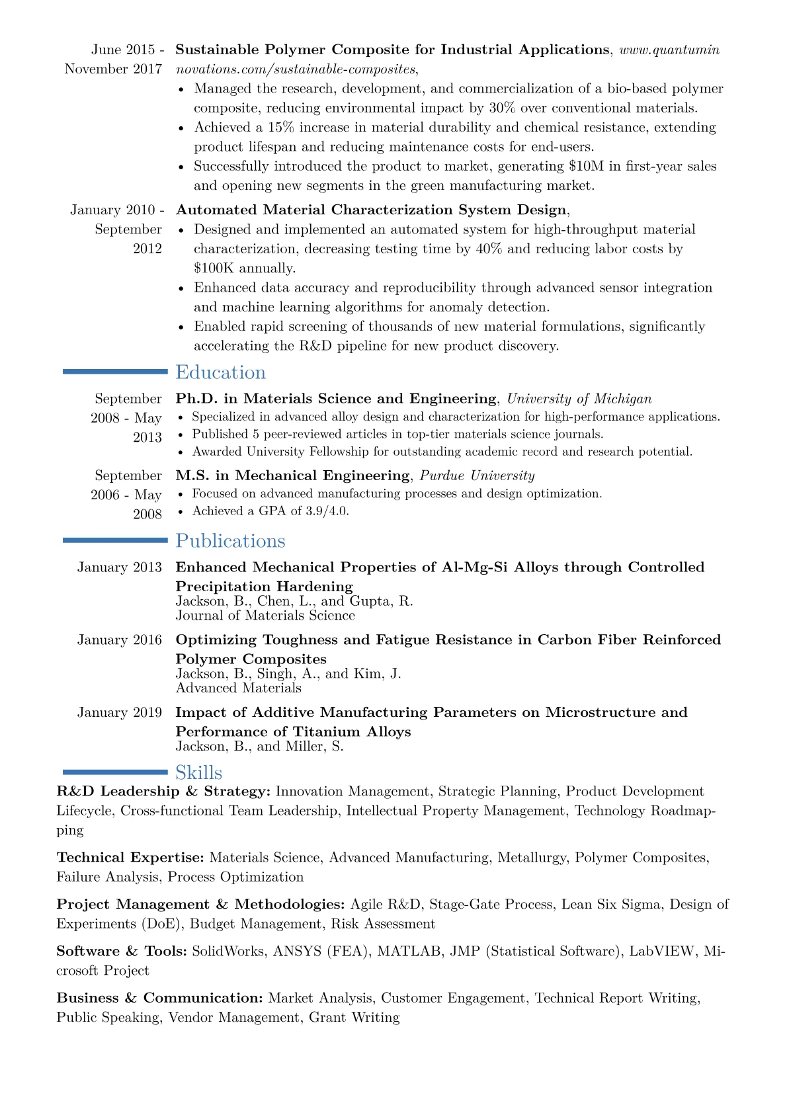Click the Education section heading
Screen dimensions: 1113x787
pos(220,372)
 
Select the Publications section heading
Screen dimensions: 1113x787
pos(230,541)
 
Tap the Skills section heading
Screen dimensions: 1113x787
pos(198,772)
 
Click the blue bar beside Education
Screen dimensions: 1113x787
pos(115,372)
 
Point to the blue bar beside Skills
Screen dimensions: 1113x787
pos(115,772)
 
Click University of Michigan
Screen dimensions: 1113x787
pos(579,399)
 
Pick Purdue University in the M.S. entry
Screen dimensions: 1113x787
pos(477,475)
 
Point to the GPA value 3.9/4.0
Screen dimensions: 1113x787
pos(327,511)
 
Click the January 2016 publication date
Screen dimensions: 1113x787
pos(119,639)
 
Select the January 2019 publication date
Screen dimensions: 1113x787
pos(119,712)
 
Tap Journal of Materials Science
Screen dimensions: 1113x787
pos(265,616)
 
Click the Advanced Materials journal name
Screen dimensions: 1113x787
pos(238,688)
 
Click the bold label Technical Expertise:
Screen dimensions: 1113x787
pos(130,858)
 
